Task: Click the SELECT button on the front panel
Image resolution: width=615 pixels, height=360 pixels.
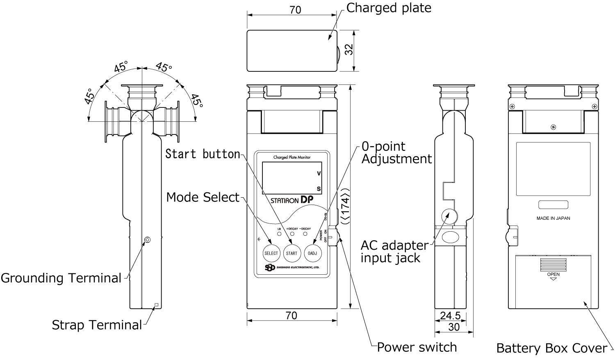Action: (271, 253)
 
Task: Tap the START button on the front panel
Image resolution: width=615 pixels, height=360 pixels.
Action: (292, 253)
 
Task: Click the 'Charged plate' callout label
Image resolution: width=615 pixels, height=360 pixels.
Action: (389, 8)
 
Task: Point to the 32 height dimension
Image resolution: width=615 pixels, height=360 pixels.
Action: (348, 50)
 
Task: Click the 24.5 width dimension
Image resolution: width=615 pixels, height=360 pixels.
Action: (450, 316)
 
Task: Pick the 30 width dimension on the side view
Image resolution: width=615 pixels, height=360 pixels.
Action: (454, 327)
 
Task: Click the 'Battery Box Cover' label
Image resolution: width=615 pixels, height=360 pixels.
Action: (551, 348)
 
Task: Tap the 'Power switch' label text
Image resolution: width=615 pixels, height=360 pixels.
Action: (417, 347)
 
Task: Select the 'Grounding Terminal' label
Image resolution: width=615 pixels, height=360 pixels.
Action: (61, 278)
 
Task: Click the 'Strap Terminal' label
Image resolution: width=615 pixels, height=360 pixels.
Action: (97, 325)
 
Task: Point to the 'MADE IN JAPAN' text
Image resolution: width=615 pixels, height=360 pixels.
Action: (553, 219)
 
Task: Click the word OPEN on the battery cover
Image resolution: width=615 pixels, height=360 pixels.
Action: (553, 274)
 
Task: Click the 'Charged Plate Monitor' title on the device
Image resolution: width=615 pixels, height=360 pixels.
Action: (292, 157)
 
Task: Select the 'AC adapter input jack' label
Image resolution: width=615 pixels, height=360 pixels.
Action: (394, 251)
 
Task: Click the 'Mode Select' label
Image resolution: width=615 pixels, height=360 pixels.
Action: (203, 197)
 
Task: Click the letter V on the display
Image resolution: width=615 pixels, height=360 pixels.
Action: (319, 173)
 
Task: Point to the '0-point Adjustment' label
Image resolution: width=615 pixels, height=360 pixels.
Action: (396, 153)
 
